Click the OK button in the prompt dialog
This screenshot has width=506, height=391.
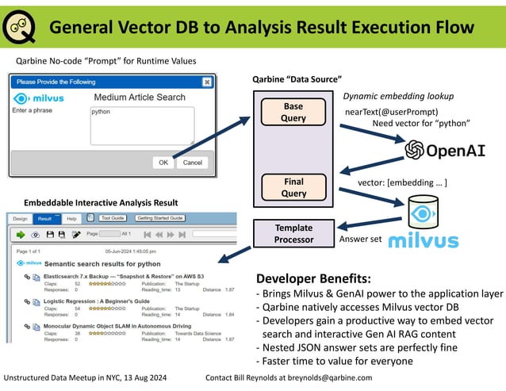(163, 162)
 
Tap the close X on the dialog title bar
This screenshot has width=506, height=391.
(207, 81)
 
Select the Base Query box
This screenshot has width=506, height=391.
(293, 112)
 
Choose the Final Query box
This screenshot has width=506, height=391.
(293, 186)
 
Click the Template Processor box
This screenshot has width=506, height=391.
(294, 233)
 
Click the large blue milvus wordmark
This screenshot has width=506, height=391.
(424, 240)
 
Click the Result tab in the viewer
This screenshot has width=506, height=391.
(45, 218)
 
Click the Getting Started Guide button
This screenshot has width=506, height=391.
(161, 218)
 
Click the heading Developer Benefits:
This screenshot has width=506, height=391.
(312, 279)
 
